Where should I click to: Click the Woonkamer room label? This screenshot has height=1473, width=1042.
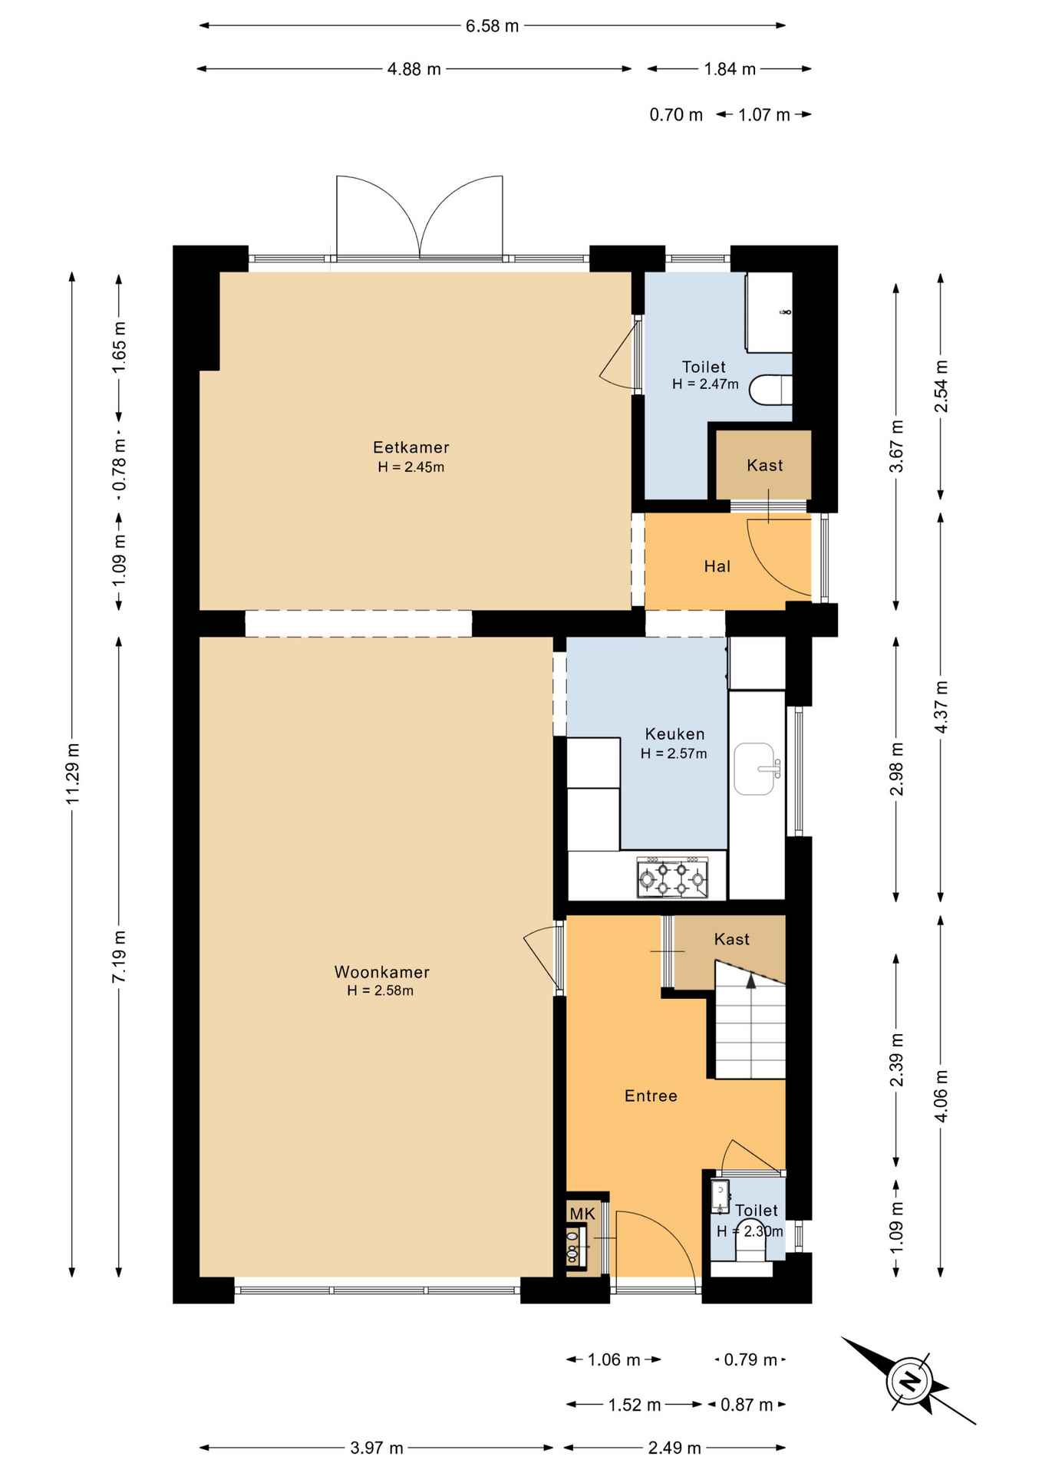pyautogui.click(x=381, y=972)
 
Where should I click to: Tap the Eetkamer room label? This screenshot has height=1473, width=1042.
pyautogui.click(x=411, y=447)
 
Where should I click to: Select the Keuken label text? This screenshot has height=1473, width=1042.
pyautogui.click(x=674, y=734)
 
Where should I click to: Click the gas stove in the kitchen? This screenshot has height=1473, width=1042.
pyautogui.click(x=673, y=878)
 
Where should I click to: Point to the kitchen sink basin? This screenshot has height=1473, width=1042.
pyautogui.click(x=754, y=769)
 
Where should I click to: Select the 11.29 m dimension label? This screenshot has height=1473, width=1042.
pyautogui.click(x=73, y=773)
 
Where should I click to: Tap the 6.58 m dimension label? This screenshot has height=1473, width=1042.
pyautogui.click(x=493, y=26)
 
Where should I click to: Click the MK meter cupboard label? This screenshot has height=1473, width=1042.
pyautogui.click(x=582, y=1214)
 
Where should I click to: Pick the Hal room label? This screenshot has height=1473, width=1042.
pyautogui.click(x=717, y=566)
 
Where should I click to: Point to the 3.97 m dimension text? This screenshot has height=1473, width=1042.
pyautogui.click(x=376, y=1448)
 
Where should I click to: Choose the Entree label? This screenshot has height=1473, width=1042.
pyautogui.click(x=651, y=1096)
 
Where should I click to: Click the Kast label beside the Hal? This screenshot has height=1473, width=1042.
pyautogui.click(x=765, y=466)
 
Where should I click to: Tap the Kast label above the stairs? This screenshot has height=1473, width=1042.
pyautogui.click(x=732, y=939)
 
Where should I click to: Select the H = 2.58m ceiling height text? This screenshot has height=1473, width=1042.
pyautogui.click(x=380, y=990)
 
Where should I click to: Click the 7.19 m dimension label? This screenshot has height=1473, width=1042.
pyautogui.click(x=119, y=956)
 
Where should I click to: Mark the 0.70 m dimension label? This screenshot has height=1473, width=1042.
pyautogui.click(x=676, y=115)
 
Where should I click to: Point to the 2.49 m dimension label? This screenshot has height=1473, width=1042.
pyautogui.click(x=674, y=1448)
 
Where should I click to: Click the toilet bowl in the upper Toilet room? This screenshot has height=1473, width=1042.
pyautogui.click(x=771, y=390)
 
